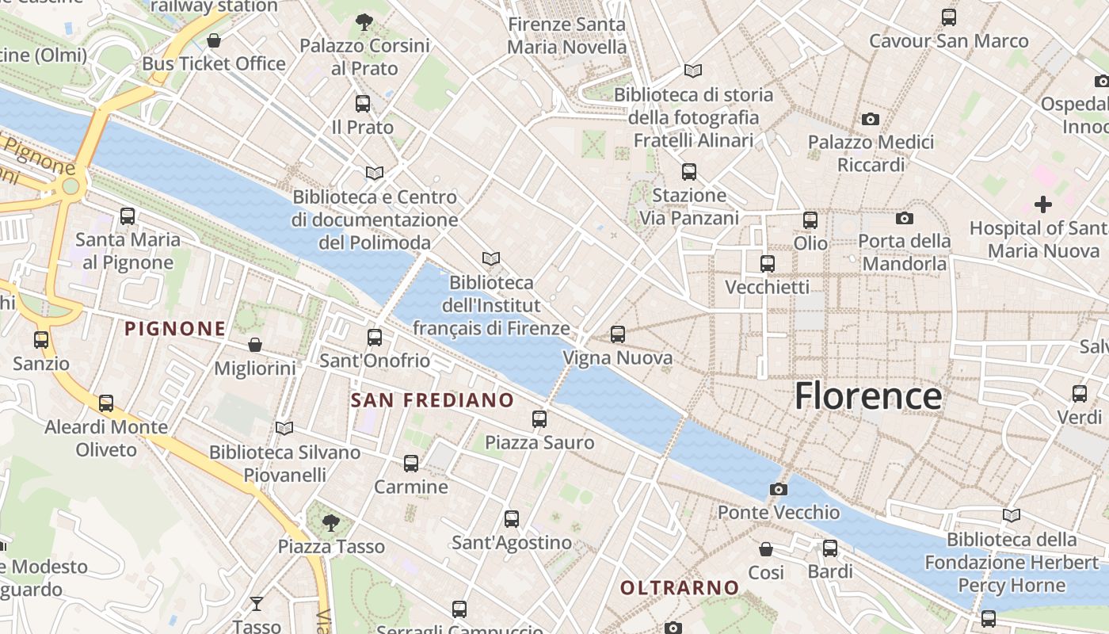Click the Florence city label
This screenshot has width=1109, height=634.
tap(868, 395)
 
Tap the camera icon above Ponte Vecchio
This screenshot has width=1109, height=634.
tap(779, 489)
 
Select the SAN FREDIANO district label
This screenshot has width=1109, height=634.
tap(432, 400)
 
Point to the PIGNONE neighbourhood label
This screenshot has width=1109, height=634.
tap(175, 328)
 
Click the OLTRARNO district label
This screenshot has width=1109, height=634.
tap(680, 587)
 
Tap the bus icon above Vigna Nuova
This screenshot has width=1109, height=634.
tap(618, 334)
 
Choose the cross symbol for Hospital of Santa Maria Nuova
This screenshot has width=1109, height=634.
tap(1043, 204)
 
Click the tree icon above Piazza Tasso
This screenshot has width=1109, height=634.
tap(331, 522)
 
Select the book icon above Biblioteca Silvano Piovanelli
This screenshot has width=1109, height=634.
tap(284, 429)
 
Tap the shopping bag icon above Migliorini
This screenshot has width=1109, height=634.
tap(255, 345)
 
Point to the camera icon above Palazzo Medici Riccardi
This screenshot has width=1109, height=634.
tap(871, 119)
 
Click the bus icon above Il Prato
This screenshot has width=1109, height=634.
tap(363, 103)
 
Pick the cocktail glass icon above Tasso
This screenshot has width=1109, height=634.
tap(257, 604)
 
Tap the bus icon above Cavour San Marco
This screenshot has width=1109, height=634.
tap(948, 17)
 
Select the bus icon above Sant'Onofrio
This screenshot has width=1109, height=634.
tap(375, 338)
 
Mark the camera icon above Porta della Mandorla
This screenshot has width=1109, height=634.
tap(904, 218)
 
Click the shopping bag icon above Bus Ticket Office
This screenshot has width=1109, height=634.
tap(214, 40)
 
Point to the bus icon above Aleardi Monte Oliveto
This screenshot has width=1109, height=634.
tap(106, 403)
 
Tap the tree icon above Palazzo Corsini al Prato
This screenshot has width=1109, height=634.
tap(364, 21)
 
